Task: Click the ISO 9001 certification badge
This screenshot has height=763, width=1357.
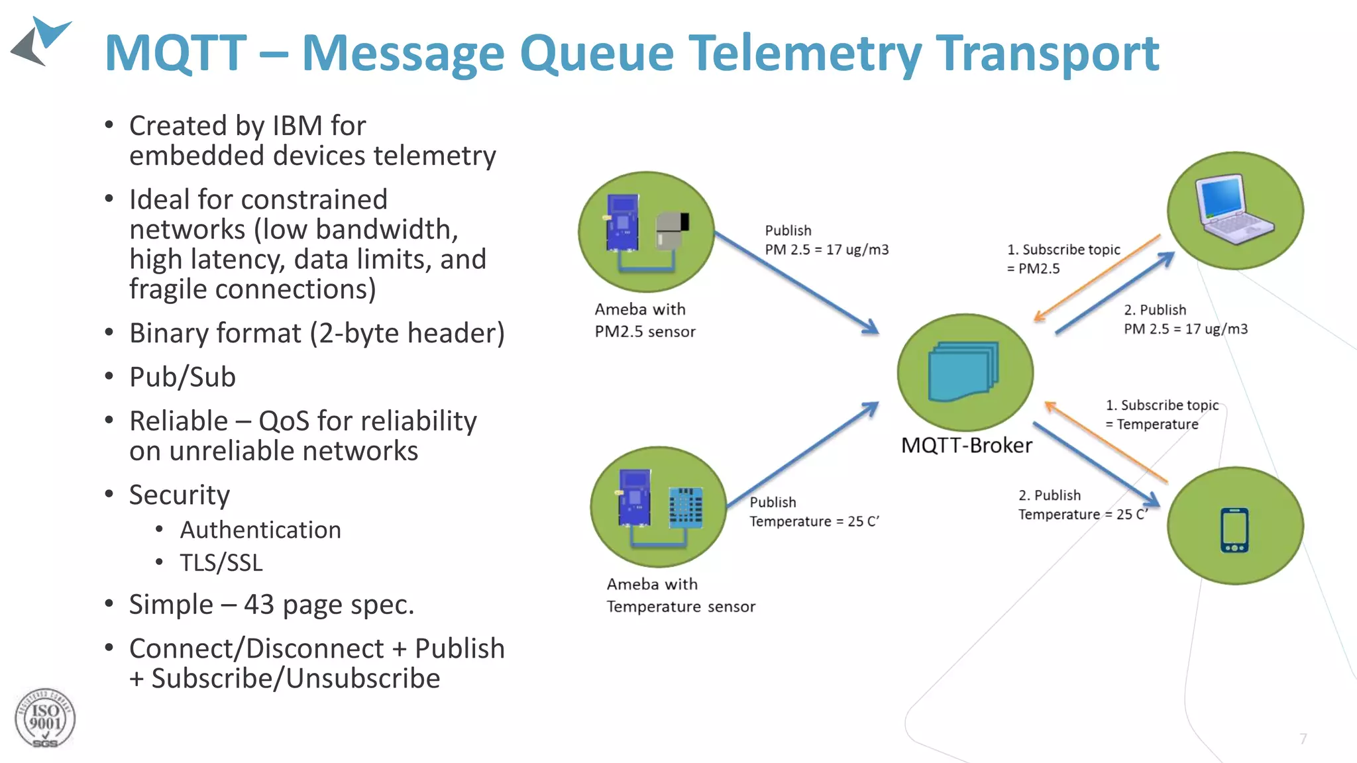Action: click(x=44, y=719)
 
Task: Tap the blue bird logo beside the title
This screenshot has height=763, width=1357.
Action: click(x=41, y=41)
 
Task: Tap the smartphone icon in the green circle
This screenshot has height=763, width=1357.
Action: click(x=1234, y=529)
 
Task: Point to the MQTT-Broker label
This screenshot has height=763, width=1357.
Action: click(x=966, y=446)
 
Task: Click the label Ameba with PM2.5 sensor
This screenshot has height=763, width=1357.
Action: click(x=644, y=321)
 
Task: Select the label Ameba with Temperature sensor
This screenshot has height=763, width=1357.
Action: click(x=680, y=595)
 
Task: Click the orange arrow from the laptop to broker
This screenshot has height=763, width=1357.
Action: click(x=1097, y=278)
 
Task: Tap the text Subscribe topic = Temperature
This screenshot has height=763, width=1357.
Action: click(x=1161, y=415)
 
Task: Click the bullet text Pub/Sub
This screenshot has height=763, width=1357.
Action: click(x=182, y=378)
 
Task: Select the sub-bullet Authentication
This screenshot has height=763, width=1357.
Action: click(x=260, y=530)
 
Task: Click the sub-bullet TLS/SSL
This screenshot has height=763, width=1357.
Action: click(x=221, y=563)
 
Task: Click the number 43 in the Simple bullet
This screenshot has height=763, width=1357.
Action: click(x=258, y=605)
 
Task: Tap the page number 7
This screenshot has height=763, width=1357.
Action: click(x=1303, y=738)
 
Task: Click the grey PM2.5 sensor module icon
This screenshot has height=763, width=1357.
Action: click(x=671, y=230)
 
